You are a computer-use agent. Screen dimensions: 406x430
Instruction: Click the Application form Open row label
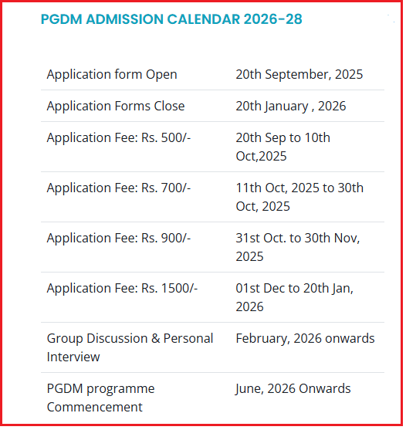[112, 75]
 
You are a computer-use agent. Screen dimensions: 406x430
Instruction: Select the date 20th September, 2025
[299, 75]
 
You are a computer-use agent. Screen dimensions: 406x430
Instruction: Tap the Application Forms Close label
[116, 106]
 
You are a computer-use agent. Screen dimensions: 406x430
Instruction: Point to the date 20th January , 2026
[291, 106]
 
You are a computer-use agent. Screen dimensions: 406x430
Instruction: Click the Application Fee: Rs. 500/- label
[119, 137]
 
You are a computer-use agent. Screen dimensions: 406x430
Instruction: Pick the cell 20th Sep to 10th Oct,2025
[283, 147]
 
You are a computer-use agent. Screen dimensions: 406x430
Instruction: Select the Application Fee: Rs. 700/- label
[119, 188]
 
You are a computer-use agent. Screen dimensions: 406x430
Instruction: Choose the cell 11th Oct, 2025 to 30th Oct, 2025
[299, 197]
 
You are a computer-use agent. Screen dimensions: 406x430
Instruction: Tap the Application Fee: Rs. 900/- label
[119, 238]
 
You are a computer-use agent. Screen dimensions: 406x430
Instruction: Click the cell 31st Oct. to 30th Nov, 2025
[298, 247]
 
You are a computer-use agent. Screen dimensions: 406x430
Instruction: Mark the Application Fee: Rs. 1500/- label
[122, 288]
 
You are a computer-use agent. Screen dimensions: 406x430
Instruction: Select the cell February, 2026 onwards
[305, 338]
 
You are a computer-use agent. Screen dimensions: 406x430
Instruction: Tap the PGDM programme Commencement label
[100, 398]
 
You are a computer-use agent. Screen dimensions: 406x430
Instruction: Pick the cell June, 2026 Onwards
[293, 388]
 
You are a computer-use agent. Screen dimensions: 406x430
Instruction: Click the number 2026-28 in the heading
[272, 19]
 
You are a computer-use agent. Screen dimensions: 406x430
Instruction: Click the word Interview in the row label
[73, 357]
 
